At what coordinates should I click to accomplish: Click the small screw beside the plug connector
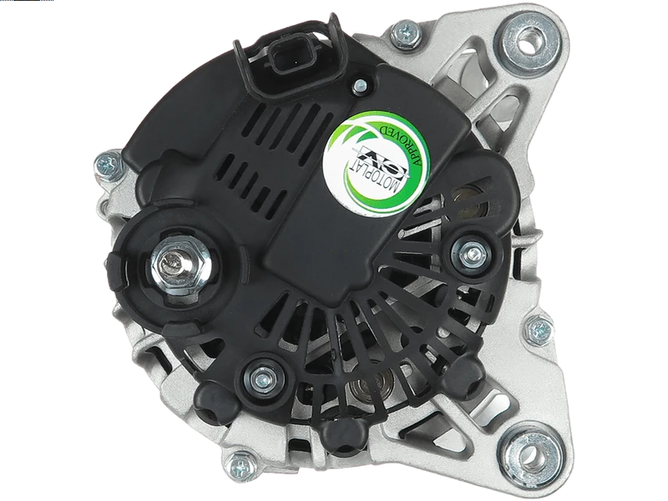(359, 86)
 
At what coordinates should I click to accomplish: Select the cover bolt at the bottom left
(263, 377)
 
